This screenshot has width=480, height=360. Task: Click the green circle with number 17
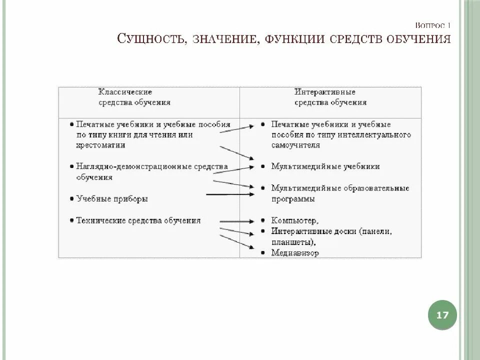[442, 315]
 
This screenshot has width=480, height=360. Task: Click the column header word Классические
[125, 92]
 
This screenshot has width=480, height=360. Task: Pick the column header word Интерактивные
[324, 92]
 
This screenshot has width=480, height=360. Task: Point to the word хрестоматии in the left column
[101, 145]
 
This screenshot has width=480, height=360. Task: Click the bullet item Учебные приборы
[112, 198]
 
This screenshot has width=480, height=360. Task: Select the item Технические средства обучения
[138, 220]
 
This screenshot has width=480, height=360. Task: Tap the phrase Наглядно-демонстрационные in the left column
[131, 166]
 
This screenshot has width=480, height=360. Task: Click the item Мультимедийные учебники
[325, 166]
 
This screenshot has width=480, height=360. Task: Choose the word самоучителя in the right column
[296, 145]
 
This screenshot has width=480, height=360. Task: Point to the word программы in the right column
[293, 198]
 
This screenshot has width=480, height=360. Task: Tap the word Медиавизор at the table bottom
[295, 253]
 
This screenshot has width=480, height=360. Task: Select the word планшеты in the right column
[292, 242]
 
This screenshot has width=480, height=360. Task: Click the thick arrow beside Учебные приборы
[230, 194]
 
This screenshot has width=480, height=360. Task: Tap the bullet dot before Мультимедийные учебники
[262, 166]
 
